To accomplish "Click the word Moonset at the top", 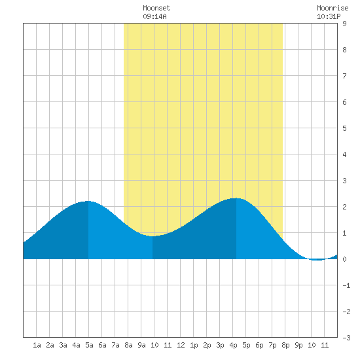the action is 156,8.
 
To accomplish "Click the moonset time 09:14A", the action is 154,16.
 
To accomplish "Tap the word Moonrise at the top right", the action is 333,8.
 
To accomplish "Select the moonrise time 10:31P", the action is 329,16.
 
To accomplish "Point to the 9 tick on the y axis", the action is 344,24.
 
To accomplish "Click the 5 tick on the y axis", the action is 344,128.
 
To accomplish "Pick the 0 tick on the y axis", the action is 344,259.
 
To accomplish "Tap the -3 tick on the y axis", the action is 346,338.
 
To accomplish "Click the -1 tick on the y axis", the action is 346,285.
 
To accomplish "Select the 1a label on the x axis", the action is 37,345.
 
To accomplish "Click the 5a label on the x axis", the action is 89,345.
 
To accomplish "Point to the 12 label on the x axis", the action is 181,345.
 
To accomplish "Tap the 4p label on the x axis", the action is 233,345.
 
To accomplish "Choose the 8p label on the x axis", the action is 285,345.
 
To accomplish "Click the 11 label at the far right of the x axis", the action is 325,345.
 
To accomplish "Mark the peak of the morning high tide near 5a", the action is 88,201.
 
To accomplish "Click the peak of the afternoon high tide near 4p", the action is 236,198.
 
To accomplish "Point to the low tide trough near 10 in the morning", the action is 153,236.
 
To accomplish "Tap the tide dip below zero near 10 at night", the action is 317,260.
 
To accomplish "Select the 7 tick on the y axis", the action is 344,76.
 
